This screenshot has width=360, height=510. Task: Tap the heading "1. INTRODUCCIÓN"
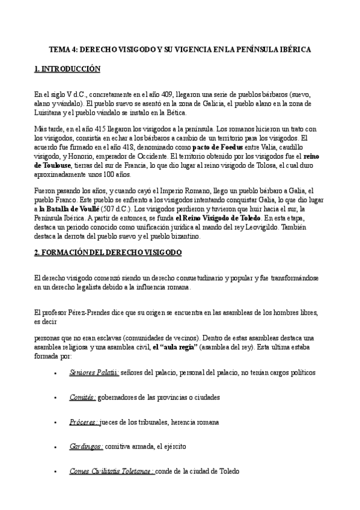pos(67,70)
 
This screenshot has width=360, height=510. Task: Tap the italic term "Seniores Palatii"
pos(94,373)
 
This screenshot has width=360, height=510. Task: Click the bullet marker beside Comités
pos(55,398)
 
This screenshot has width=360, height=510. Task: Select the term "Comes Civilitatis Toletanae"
pos(111,472)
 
